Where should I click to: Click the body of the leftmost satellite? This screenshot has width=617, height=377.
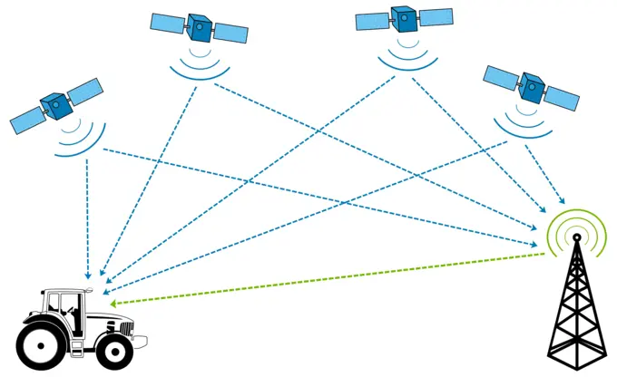tap(56, 106)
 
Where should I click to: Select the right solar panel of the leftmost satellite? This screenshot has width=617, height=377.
tap(85, 92)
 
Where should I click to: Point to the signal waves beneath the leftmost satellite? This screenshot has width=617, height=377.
tap(72, 141)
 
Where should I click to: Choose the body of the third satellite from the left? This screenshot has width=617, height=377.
tap(404, 19)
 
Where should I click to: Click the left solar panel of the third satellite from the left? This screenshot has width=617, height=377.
tap(371, 21)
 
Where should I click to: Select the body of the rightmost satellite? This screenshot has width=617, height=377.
tap(532, 87)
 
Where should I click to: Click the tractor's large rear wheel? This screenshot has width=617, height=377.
tap(42, 344)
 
